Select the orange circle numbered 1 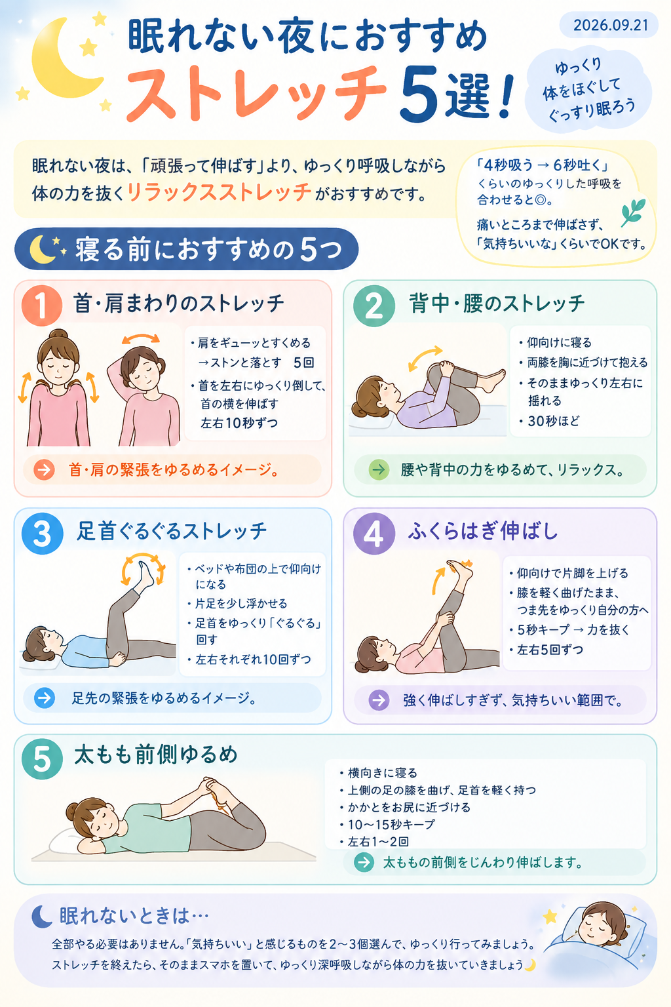pos(42,306)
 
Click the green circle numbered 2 pos(374,306)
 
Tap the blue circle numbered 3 pos(42,533)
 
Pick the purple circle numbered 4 pos(374,533)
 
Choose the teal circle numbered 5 pos(42,759)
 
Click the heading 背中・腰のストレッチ pos(497,304)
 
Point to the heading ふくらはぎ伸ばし pos(483,531)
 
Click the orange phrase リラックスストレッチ pos(219,192)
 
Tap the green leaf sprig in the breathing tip pos(633,212)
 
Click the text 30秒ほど pos(554,421)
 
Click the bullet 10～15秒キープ pos(391,825)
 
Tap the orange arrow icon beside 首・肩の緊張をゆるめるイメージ pos(44,470)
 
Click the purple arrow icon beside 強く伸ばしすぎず pos(379,700)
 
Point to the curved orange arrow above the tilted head pos(141,338)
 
